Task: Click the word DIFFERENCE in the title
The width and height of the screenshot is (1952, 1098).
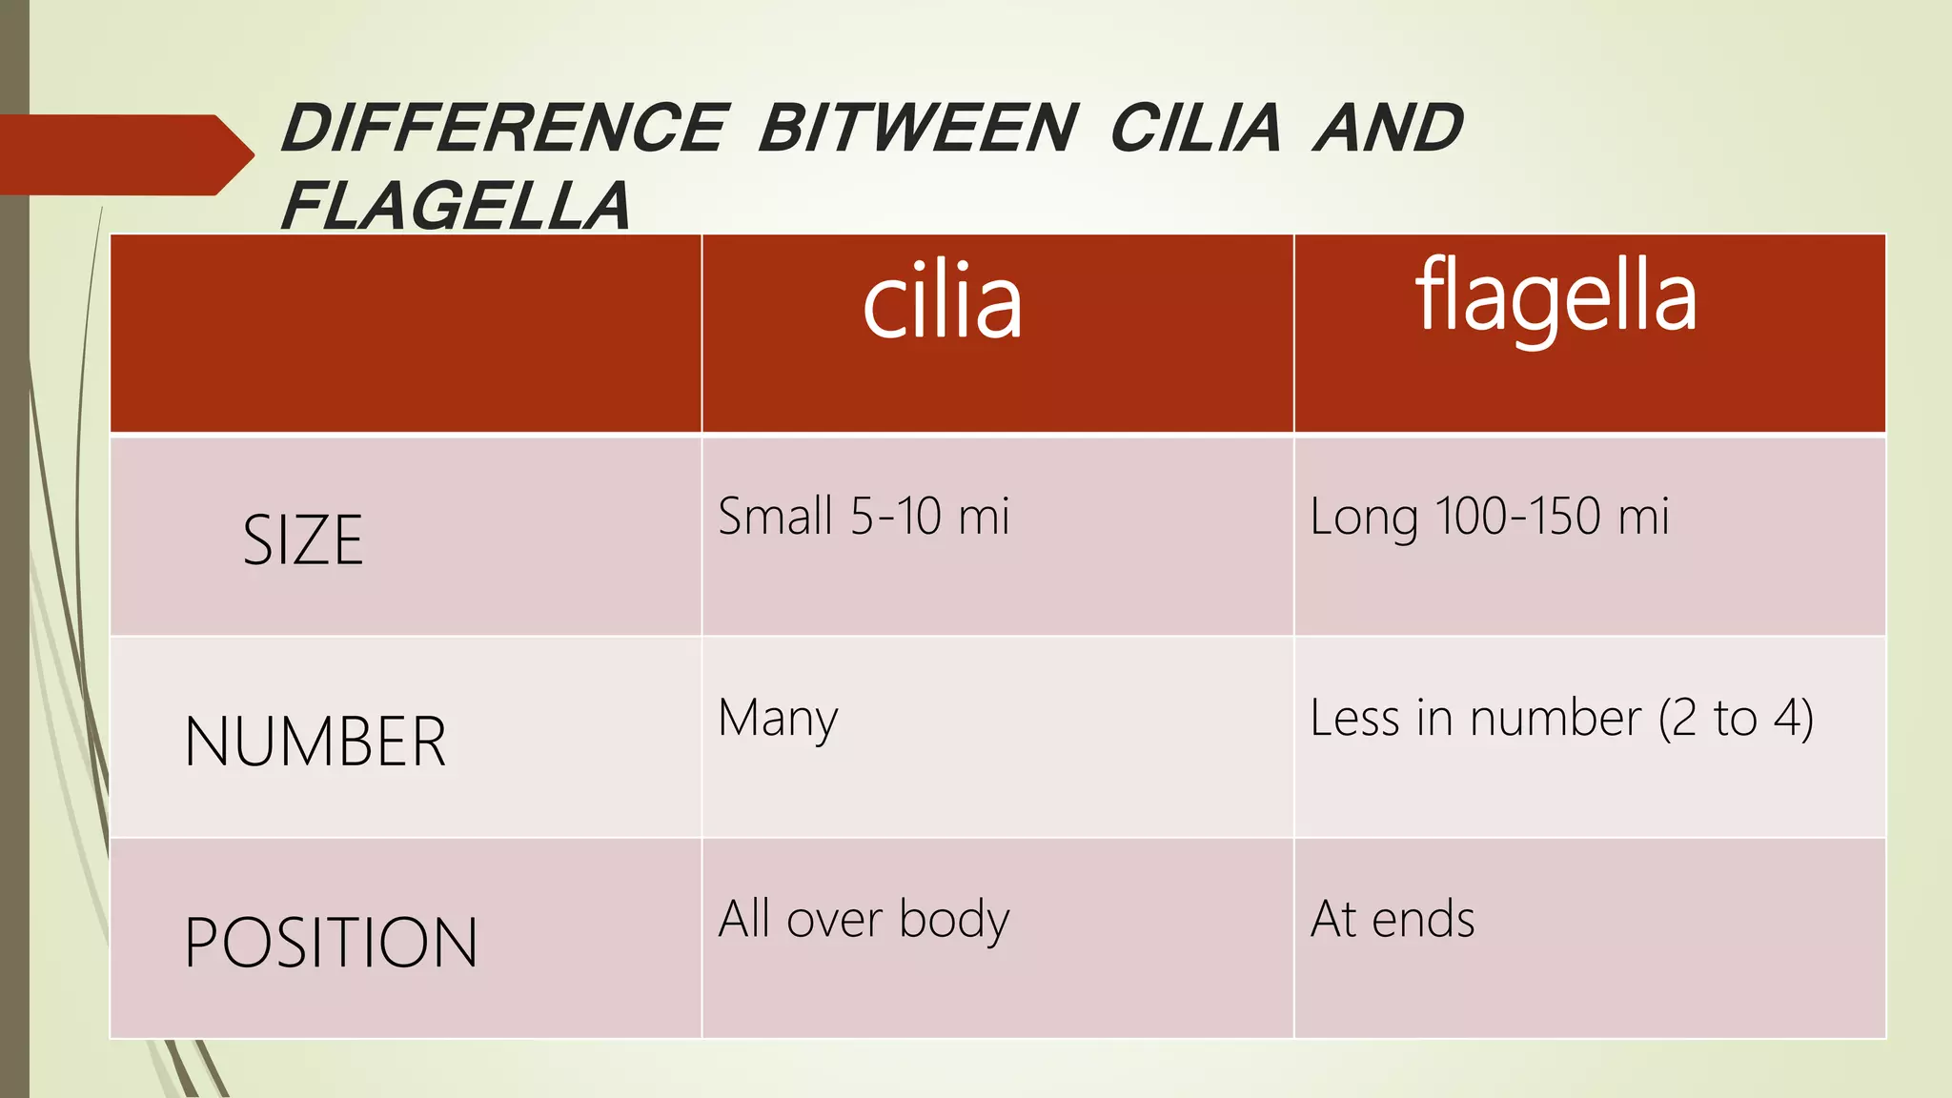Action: [504, 129]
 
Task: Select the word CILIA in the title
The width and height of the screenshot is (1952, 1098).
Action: [1196, 129]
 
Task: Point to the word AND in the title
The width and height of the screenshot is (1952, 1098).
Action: [1388, 129]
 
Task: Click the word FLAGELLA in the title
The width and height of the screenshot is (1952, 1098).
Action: [456, 206]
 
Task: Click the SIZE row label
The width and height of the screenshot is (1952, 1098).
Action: [303, 539]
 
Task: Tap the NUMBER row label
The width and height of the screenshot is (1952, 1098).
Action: [315, 742]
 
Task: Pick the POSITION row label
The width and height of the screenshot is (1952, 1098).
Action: [331, 943]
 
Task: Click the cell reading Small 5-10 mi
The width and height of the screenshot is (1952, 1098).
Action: [864, 517]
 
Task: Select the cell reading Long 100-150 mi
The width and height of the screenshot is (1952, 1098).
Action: [1490, 518]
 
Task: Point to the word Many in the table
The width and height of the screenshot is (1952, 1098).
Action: [778, 720]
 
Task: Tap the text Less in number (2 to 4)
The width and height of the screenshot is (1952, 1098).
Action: [1561, 719]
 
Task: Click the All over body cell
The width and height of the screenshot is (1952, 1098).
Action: [864, 920]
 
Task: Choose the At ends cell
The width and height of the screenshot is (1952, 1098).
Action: [1393, 920]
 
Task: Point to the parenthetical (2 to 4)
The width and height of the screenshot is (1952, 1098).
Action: [1736, 720]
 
